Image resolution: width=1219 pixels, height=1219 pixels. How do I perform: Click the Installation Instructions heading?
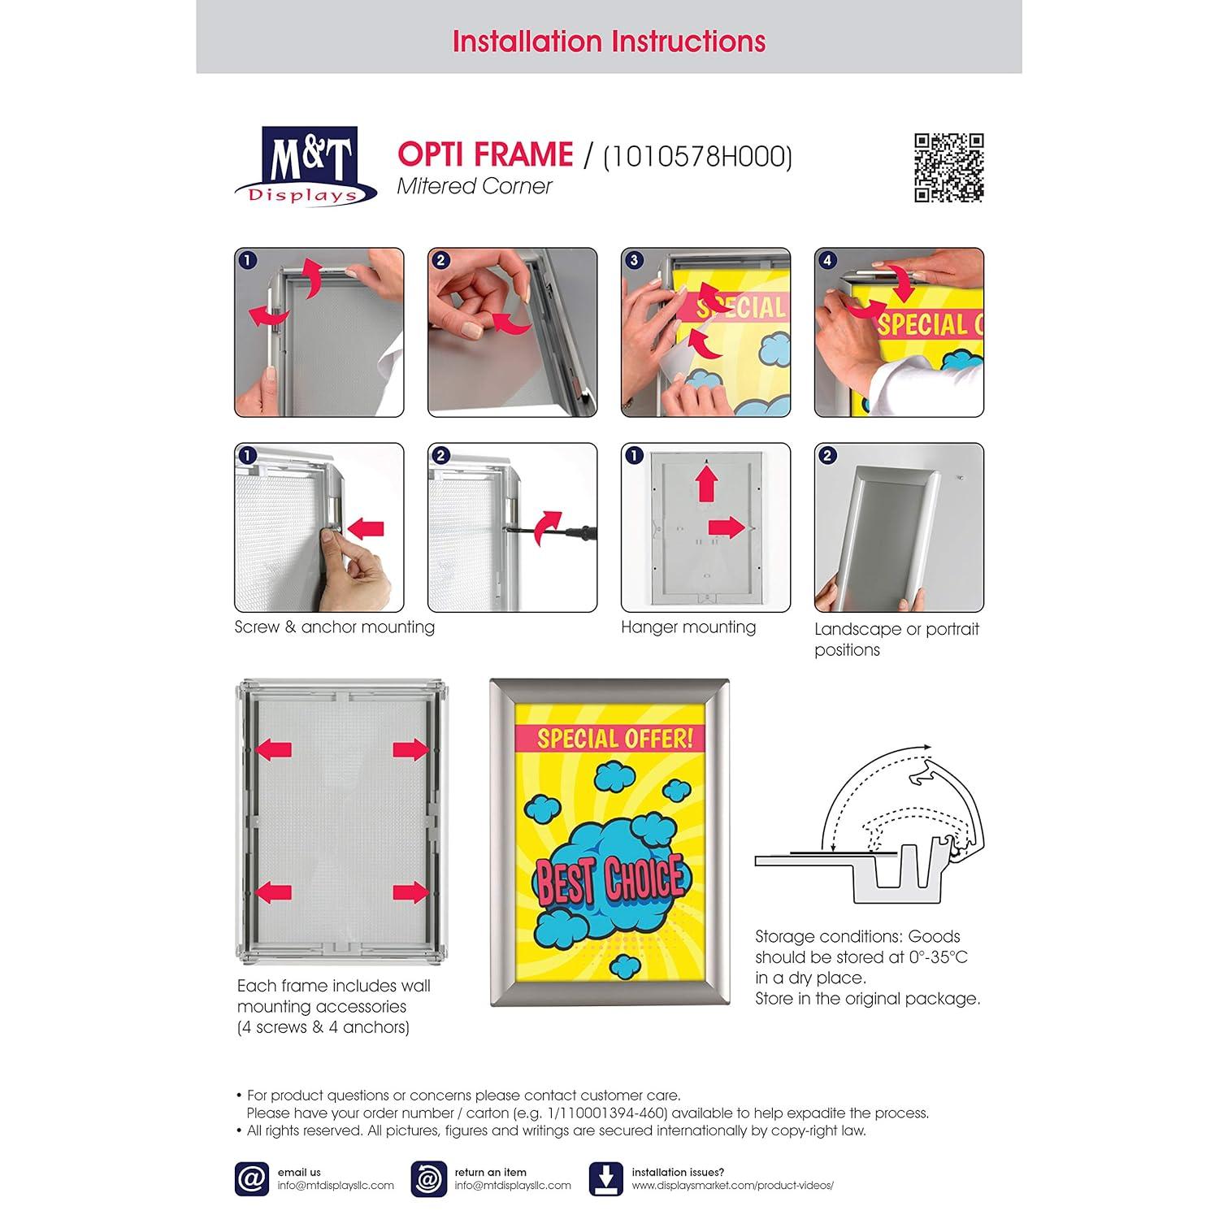[609, 41]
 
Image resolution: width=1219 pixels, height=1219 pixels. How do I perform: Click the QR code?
[948, 167]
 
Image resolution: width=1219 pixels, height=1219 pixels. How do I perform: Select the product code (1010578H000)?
[697, 155]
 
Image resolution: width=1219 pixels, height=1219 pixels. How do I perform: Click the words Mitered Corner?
[474, 186]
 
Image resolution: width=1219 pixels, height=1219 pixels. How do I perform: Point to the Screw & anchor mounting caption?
[334, 627]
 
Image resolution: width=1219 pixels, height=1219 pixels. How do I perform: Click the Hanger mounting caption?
[688, 627]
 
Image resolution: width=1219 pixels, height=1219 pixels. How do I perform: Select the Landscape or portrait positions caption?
[896, 639]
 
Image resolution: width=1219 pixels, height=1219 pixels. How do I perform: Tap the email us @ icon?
[251, 1178]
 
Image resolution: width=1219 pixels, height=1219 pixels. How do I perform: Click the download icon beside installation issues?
[605, 1178]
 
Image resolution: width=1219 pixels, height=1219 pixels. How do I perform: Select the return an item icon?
[427, 1178]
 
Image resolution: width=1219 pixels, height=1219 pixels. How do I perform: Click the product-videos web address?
[732, 1185]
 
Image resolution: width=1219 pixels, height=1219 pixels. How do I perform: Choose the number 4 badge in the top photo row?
[827, 261]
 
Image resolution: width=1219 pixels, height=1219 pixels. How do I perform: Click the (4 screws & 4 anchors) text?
[323, 1027]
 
